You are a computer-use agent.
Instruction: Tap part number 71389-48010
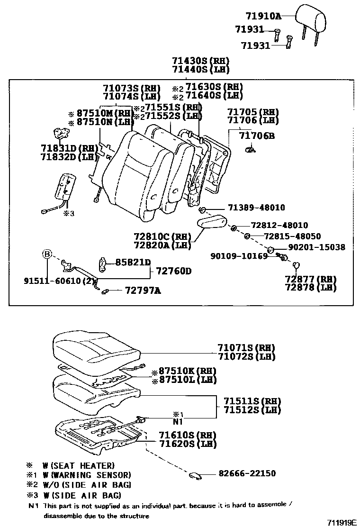(x=256, y=208)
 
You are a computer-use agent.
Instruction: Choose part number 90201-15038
(x=316, y=247)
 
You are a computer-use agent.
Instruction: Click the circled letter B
(x=47, y=254)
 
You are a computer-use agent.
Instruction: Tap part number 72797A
(x=143, y=291)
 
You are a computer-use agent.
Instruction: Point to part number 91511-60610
(x=51, y=281)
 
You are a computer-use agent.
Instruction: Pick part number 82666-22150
(x=247, y=473)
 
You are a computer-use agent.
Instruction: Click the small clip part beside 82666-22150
(x=195, y=475)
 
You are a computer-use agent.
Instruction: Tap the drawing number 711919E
(x=341, y=522)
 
